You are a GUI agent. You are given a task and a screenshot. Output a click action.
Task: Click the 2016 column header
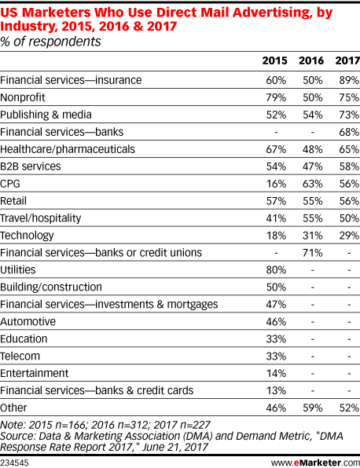(311, 60)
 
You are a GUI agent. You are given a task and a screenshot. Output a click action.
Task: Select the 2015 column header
(274, 60)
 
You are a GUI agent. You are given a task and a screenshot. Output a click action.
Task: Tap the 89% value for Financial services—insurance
(349, 80)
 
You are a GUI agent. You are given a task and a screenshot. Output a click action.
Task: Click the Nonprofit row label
(23, 97)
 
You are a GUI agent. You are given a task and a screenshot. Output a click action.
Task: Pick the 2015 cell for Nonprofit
(276, 97)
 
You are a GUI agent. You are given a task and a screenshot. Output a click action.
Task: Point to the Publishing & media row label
(46, 115)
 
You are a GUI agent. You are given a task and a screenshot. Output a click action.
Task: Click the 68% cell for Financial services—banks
(349, 132)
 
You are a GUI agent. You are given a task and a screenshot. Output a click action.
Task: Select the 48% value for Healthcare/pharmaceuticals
(313, 149)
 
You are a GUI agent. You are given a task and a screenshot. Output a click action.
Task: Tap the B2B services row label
(30, 166)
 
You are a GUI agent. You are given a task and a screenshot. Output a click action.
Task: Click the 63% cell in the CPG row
(313, 184)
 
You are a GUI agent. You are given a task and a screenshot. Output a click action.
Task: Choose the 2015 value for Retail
(276, 201)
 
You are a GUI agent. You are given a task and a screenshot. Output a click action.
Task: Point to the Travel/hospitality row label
(40, 218)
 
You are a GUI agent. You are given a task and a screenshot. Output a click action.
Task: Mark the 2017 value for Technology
(349, 236)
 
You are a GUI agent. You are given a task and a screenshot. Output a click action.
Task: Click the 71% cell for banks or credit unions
(313, 253)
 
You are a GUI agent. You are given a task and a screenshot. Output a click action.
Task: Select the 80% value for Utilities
(276, 270)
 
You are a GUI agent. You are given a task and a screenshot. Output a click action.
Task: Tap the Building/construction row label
(51, 287)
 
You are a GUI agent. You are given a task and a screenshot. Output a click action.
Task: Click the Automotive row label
(28, 321)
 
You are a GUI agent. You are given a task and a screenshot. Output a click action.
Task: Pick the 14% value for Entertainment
(276, 374)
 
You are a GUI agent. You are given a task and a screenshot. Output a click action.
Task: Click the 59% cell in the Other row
(313, 408)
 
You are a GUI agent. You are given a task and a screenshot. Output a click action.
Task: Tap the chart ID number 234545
(14, 463)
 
